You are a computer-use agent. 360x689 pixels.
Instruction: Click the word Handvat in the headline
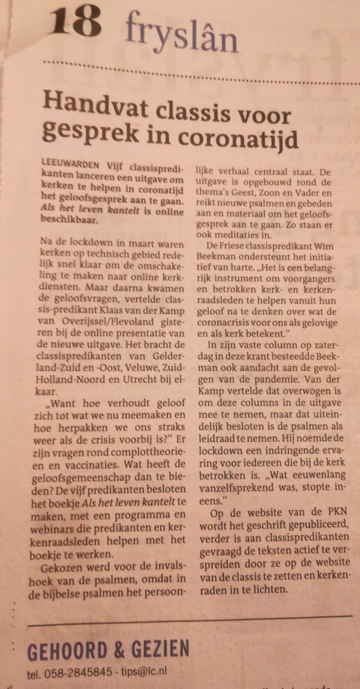pos(95,105)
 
